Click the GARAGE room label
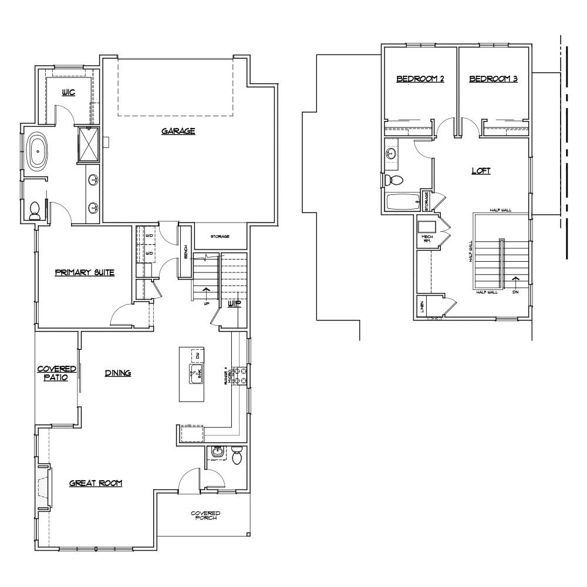point(178,131)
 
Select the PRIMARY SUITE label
point(84,272)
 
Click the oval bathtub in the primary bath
point(38,152)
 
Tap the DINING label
point(117,373)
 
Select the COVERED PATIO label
point(57,373)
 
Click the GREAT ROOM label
point(95,483)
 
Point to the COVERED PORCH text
point(205,516)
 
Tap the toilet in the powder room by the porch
point(237,456)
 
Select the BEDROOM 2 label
point(420,79)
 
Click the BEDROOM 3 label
point(493,79)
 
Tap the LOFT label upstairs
point(481,171)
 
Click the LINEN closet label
point(421,306)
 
